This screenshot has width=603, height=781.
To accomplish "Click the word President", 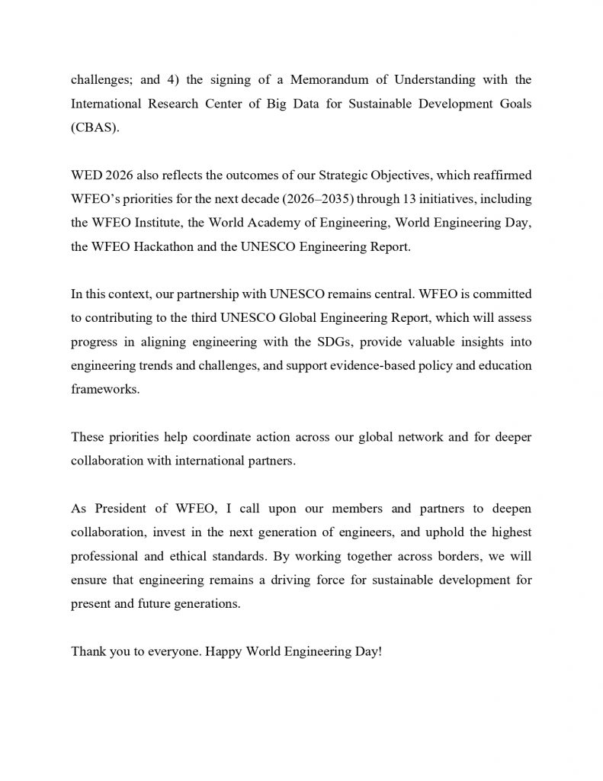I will (x=120, y=509).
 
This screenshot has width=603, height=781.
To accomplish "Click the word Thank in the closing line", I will (x=88, y=652).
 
